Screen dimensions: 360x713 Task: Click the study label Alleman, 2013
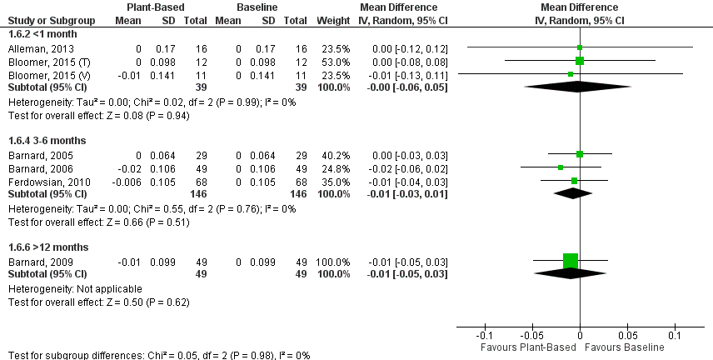pyautogui.click(x=34, y=49)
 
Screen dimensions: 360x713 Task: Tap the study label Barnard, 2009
pyautogui.click(x=32, y=262)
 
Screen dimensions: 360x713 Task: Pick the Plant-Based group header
pyautogui.click(x=154, y=7)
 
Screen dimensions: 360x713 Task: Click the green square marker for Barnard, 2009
pyautogui.click(x=571, y=261)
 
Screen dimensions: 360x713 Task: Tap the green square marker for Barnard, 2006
pyautogui.click(x=561, y=167)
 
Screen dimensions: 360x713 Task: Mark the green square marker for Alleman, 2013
pyautogui.click(x=580, y=48)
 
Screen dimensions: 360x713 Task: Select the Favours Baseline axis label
pyautogui.click(x=625, y=347)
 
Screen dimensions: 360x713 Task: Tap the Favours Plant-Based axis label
pyautogui.click(x=534, y=347)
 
